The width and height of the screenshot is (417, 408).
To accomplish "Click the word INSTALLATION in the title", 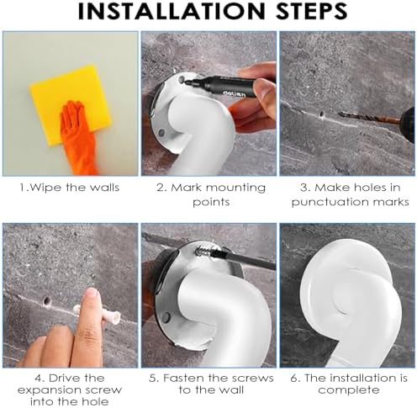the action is pos(172,12).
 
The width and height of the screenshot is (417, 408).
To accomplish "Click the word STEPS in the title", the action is pos(312,12).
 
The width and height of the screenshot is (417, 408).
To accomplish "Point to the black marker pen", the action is pos(221,86).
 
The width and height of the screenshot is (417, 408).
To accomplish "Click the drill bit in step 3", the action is pos(368,118).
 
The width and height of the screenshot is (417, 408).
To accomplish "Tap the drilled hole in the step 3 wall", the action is pos(322,114).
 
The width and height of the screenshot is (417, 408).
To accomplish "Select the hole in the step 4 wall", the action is pos(47,301).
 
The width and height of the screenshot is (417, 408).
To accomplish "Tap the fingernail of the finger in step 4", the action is pos(92,294).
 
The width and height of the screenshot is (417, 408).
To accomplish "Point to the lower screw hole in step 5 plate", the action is pos(166,316).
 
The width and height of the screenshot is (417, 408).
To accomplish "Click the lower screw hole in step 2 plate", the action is pos(161,132).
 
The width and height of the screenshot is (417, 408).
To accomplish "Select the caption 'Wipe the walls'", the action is pos(70,188).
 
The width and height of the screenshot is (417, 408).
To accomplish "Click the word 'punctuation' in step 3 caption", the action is pos(330,202).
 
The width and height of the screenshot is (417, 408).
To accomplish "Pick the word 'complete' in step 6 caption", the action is pos(349,390).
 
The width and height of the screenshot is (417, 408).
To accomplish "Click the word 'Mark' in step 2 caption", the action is pos(185,188).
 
